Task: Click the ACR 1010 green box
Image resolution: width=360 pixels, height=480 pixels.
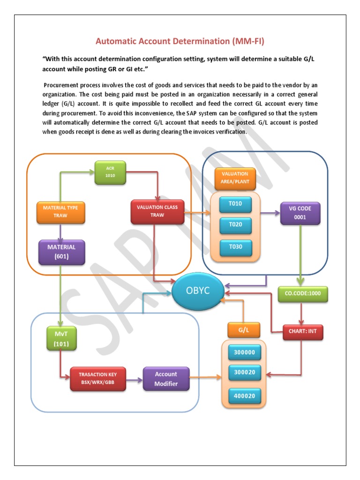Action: (x=110, y=172)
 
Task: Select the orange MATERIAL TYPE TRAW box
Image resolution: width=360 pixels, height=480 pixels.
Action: (x=61, y=212)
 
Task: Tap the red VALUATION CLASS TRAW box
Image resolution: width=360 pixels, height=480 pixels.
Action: (x=157, y=211)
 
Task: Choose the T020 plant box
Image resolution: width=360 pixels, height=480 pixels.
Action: (x=235, y=225)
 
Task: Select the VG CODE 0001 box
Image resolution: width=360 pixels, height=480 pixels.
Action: (x=300, y=212)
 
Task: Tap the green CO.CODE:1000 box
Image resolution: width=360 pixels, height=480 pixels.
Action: (x=303, y=293)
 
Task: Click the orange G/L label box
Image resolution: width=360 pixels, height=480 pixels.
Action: (x=243, y=330)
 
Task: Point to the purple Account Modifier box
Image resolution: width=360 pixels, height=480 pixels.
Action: (x=166, y=379)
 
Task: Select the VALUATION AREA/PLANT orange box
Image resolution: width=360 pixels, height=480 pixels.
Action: (x=235, y=177)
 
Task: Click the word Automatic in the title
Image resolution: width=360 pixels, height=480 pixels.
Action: (x=118, y=41)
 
